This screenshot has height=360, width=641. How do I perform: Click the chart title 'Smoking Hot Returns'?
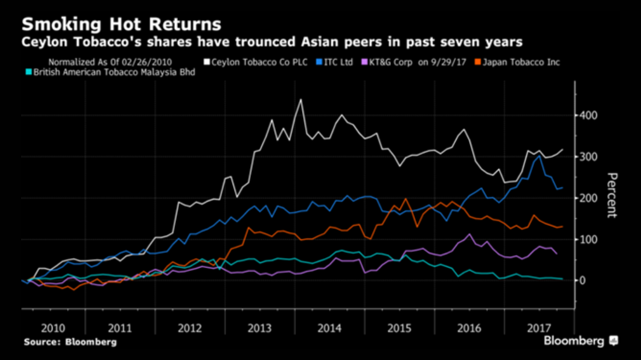pyautogui.click(x=121, y=24)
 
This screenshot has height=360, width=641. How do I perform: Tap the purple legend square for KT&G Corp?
pyautogui.click(x=364, y=63)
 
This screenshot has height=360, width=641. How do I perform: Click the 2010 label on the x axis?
pyautogui.click(x=53, y=328)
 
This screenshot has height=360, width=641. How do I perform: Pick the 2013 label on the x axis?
pyautogui.click(x=260, y=328)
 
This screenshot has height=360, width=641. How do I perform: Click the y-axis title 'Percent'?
pyautogui.click(x=612, y=195)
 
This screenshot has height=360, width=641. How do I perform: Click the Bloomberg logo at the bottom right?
pyautogui.click(x=580, y=341)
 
